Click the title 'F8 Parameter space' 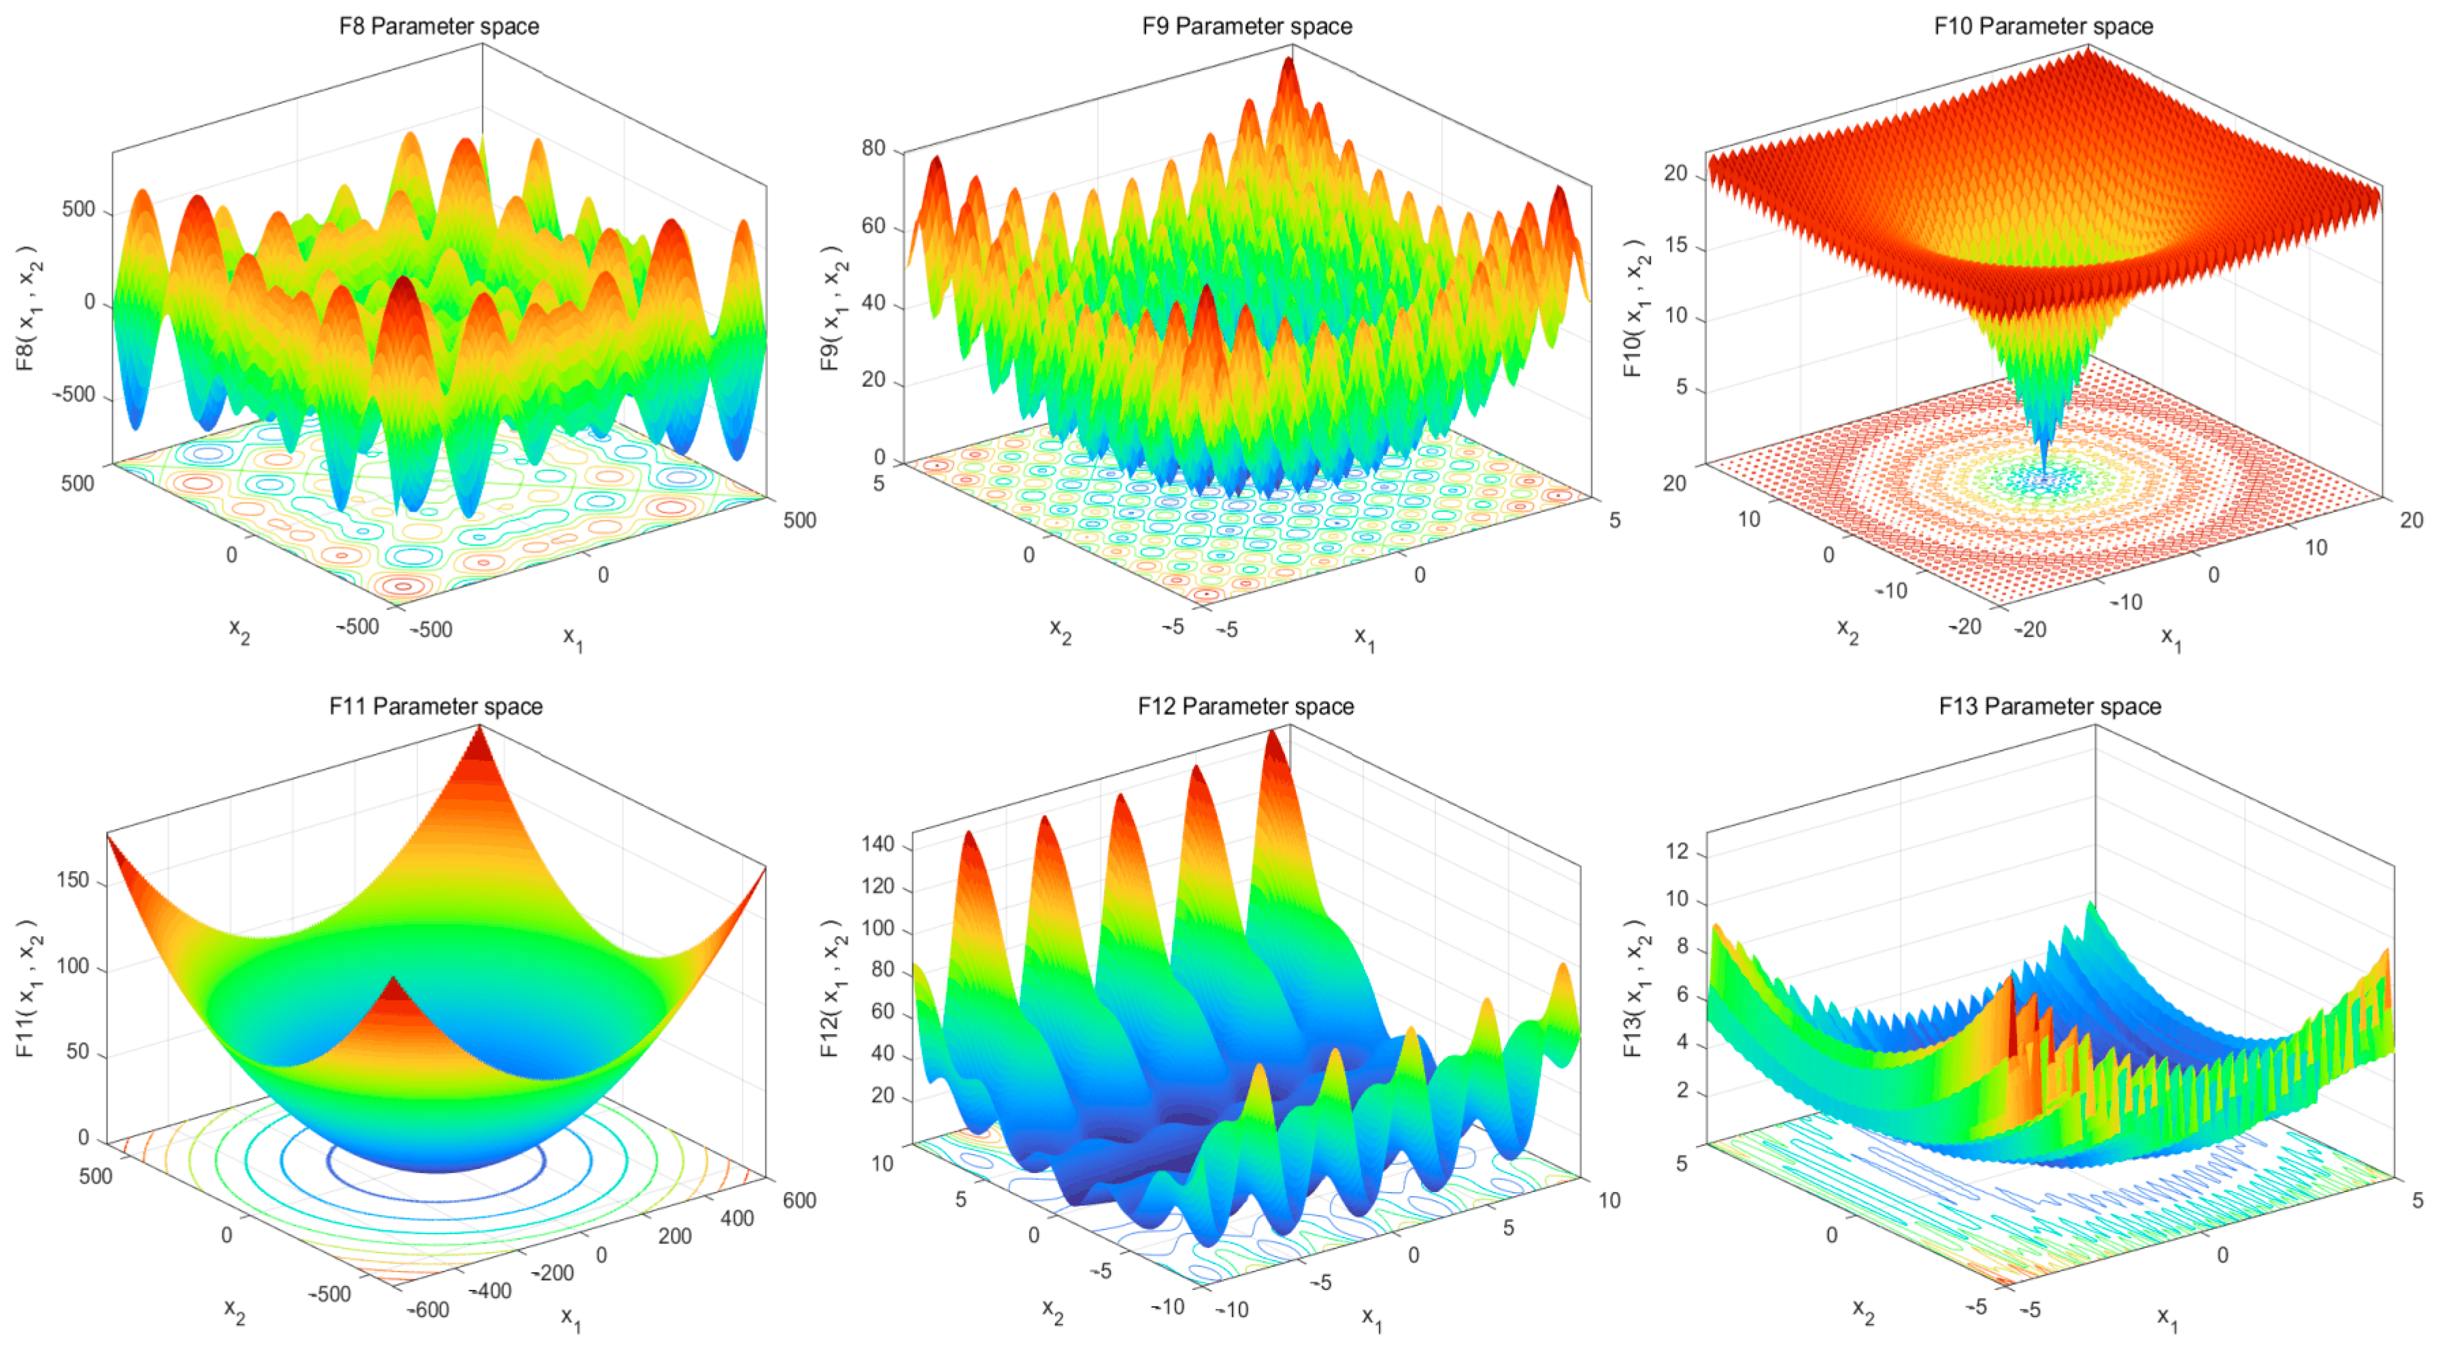pyautogui.click(x=439, y=26)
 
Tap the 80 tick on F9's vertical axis pyautogui.click(x=873, y=148)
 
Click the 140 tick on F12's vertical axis pyautogui.click(x=878, y=844)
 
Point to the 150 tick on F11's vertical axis pyautogui.click(x=73, y=880)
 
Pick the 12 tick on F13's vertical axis pyautogui.click(x=1676, y=851)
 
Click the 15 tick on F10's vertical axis pyautogui.click(x=1675, y=245)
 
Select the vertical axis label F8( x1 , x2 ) pyautogui.click(x=29, y=307)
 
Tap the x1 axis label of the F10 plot pyautogui.click(x=2170, y=638)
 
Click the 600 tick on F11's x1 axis pyautogui.click(x=799, y=1200)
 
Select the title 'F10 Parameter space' pyautogui.click(x=2043, y=26)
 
